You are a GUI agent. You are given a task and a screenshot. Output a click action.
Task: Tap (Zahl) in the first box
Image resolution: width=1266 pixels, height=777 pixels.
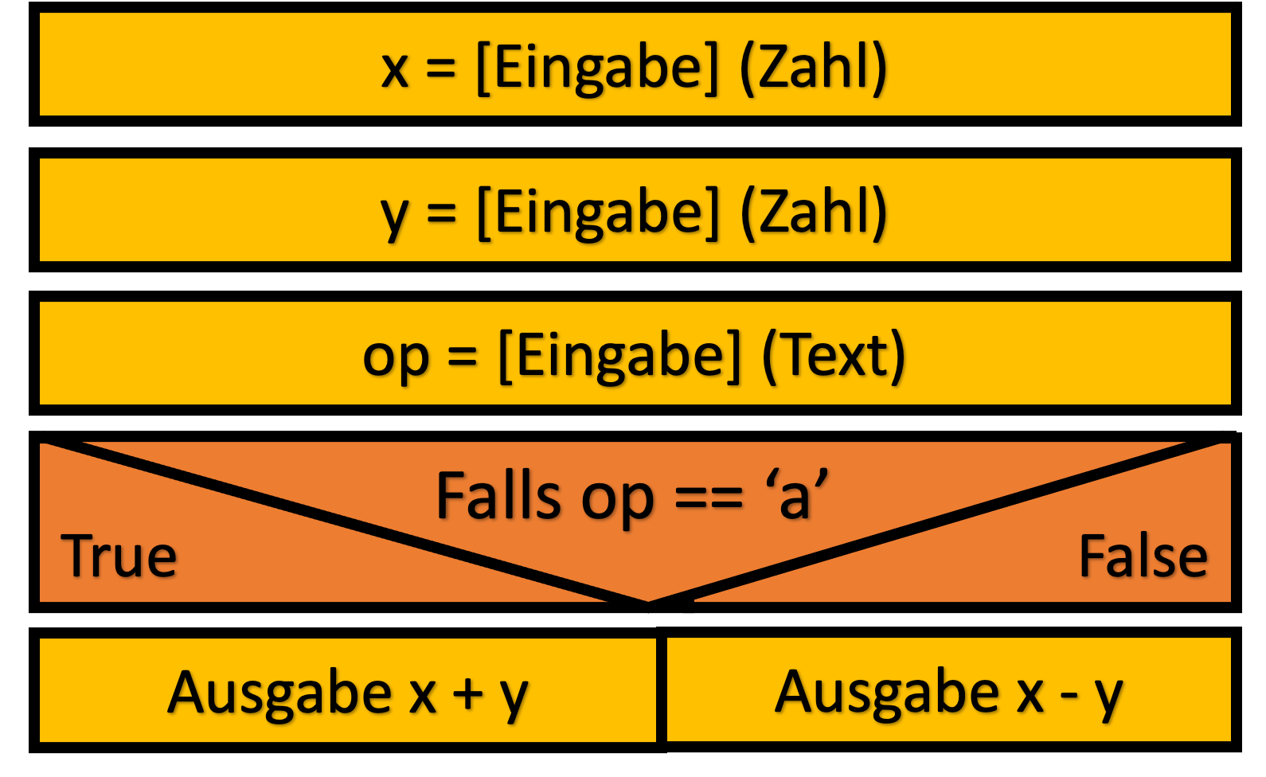[813, 68]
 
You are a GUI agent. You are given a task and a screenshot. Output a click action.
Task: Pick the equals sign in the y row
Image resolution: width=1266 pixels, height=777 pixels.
[441, 215]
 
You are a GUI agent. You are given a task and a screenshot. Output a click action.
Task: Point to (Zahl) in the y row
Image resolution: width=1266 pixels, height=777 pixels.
[813, 213]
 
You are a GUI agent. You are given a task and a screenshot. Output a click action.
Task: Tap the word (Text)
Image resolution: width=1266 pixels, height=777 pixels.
[834, 356]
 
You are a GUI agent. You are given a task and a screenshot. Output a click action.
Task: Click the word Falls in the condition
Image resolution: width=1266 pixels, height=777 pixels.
[498, 496]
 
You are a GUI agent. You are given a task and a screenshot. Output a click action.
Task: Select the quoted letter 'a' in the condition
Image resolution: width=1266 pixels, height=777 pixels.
[796, 493]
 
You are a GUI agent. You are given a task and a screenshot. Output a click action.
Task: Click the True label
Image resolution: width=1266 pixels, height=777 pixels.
[119, 556]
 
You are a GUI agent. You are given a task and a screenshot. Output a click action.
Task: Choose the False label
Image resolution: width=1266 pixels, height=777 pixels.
[1143, 556]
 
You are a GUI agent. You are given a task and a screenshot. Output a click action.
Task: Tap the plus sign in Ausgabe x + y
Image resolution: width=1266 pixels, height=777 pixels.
[468, 695]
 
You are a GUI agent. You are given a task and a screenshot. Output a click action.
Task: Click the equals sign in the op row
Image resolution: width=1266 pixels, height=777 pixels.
[463, 358]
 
